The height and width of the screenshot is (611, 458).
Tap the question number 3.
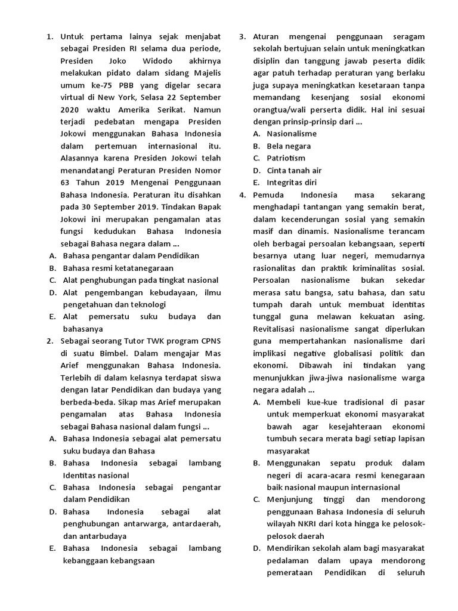(x=243, y=37)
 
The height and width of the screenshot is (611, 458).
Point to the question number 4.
(x=243, y=195)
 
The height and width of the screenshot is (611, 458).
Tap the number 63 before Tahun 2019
(x=66, y=183)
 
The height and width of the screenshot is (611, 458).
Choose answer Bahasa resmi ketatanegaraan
(x=118, y=268)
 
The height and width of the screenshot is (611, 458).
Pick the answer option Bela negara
(x=288, y=146)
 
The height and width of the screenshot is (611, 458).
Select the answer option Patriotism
(x=286, y=158)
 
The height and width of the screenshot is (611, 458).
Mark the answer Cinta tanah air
(x=294, y=171)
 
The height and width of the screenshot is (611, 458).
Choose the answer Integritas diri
(x=292, y=183)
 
